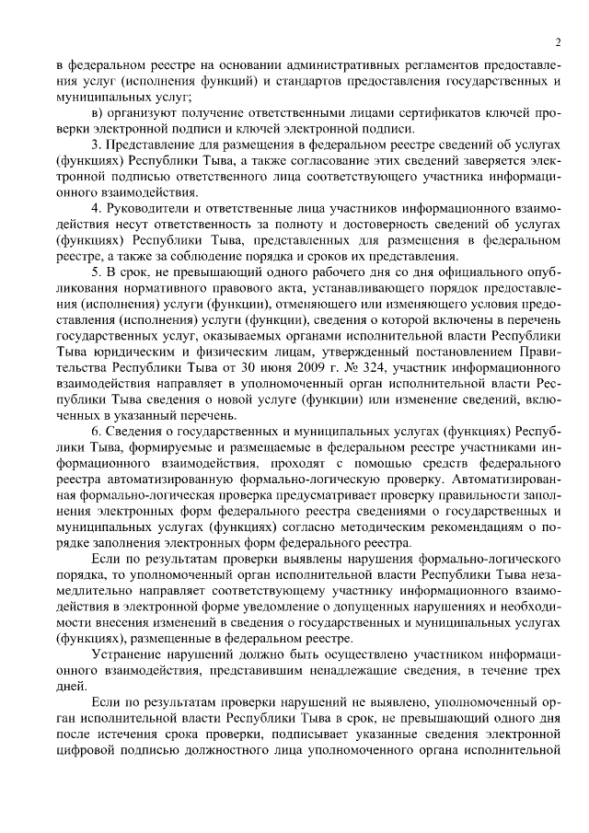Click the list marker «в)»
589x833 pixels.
(99, 113)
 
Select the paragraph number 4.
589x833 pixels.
(97, 209)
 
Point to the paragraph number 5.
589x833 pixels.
(97, 273)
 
